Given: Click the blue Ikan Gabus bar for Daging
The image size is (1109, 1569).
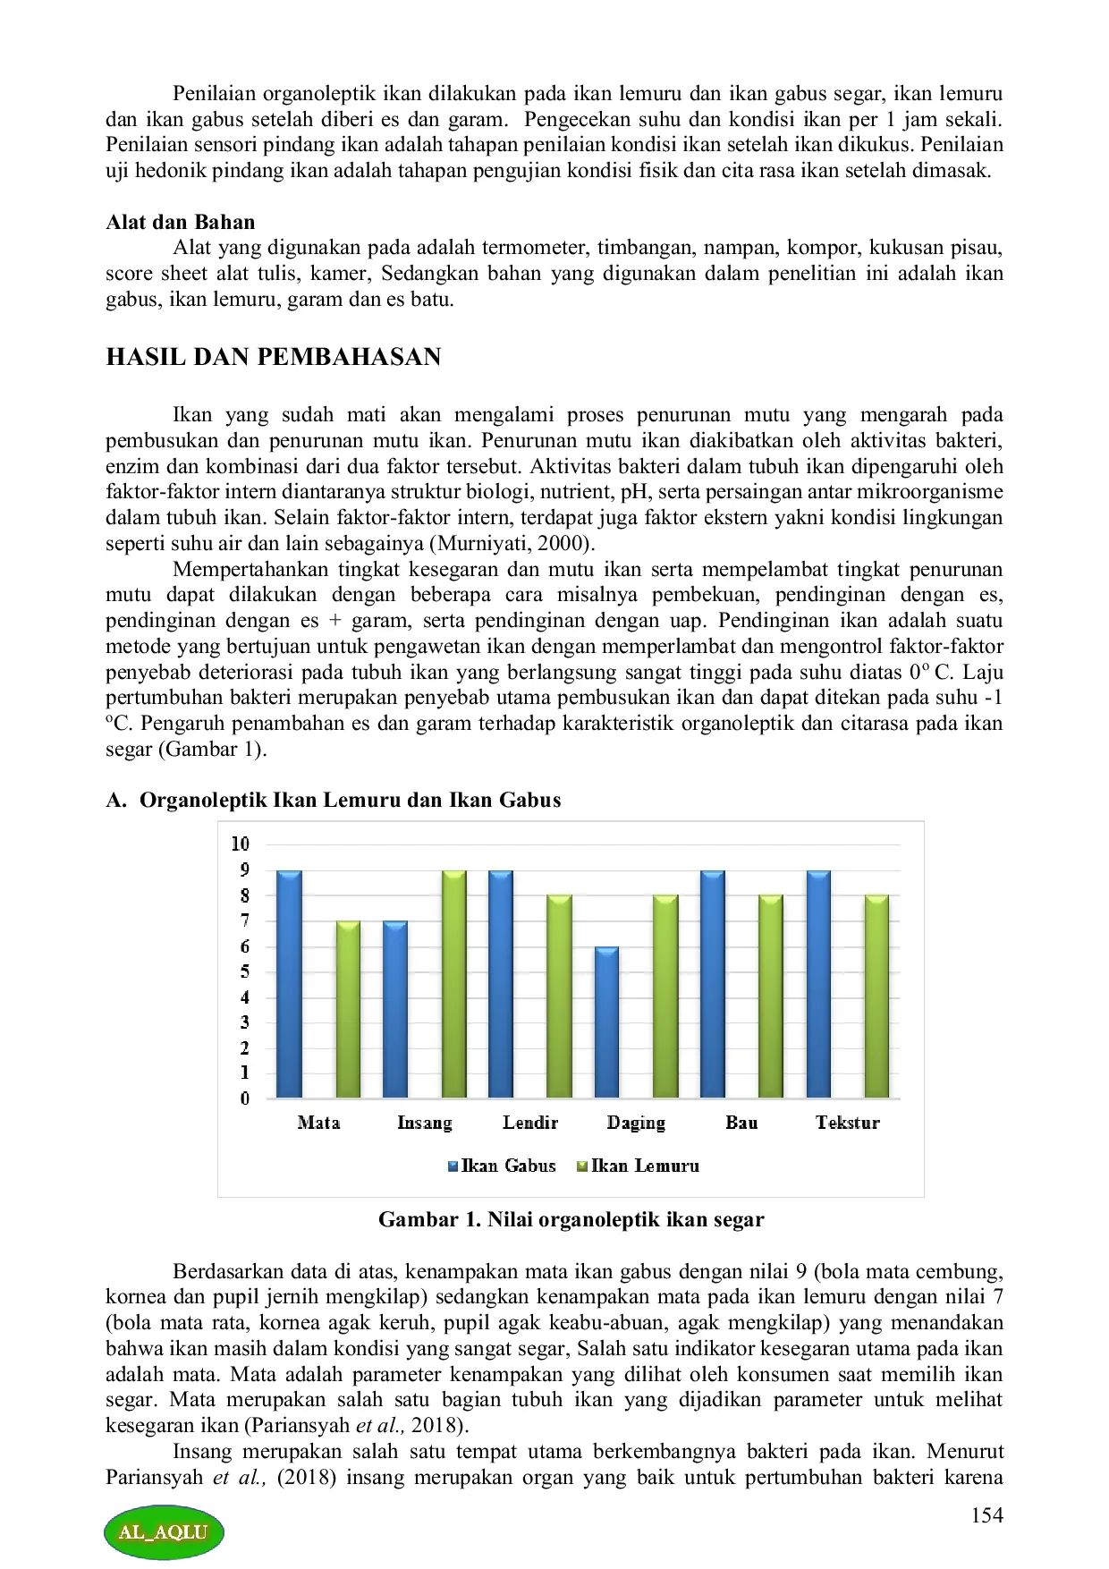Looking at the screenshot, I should point(607,1022).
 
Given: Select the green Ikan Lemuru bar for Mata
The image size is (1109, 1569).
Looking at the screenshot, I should point(348,1009).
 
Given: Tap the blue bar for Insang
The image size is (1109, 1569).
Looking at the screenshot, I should point(395,1009).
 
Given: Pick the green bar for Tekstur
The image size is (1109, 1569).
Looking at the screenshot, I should point(876,997).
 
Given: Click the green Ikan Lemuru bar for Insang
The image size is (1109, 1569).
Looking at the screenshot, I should point(453,984).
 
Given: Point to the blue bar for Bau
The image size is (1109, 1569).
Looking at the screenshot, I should point(712,984).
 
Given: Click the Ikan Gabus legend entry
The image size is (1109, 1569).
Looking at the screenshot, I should point(502,1166).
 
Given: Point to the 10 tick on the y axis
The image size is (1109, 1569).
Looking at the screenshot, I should point(241,844).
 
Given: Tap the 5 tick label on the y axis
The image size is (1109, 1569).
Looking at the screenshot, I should point(244,971).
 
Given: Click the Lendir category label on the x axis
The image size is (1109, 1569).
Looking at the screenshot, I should point(530,1123).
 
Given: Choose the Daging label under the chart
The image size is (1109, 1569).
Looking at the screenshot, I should point(636,1123).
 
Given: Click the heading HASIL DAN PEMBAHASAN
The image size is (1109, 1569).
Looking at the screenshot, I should point(274,357).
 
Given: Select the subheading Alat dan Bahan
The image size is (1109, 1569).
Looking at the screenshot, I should point(181,222).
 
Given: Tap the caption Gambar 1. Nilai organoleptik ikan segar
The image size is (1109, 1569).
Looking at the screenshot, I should point(571,1219).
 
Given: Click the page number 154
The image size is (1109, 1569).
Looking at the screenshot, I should point(986,1514).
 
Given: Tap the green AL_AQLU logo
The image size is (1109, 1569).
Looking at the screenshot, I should point(163,1531).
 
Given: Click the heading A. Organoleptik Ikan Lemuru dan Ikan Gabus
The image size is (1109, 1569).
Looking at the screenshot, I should point(334,800).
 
